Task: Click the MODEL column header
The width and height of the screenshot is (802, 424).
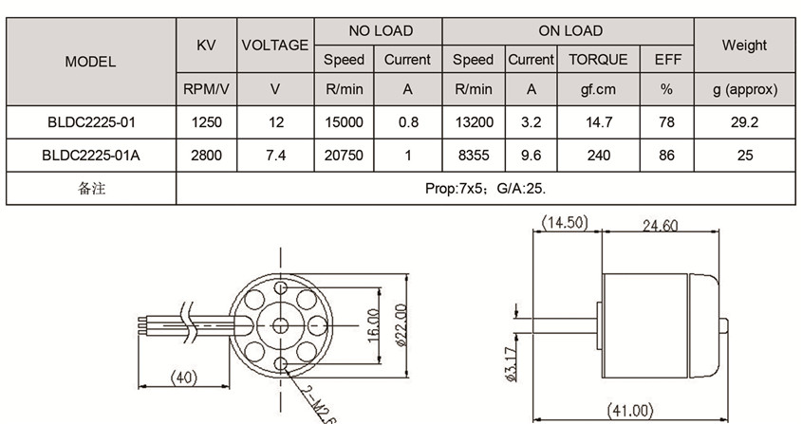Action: [90, 61]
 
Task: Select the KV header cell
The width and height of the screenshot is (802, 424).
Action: [206, 45]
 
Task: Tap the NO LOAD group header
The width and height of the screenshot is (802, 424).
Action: [380, 30]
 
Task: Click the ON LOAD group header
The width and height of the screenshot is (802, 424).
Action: [569, 30]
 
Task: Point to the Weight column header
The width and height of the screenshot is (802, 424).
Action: [744, 45]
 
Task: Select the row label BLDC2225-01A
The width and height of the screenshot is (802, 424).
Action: [90, 156]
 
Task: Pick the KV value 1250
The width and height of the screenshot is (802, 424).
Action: [206, 122]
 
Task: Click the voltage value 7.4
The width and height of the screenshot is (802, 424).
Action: [275, 156]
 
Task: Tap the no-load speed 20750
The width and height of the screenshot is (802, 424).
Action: [344, 156]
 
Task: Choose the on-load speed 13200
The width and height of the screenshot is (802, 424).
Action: [473, 122]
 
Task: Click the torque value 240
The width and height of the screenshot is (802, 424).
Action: [598, 156]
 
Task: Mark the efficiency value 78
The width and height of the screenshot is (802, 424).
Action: [666, 122]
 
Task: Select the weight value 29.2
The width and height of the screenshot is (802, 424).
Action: [744, 122]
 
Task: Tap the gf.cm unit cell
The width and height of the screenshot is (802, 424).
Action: [598, 90]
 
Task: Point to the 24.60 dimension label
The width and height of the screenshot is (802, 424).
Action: [661, 226]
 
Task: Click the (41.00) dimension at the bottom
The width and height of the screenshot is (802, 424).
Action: [629, 411]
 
